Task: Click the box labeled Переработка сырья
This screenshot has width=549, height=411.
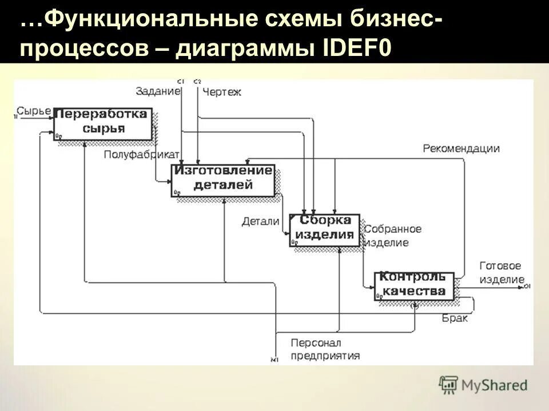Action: (104, 122)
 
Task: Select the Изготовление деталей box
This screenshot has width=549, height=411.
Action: (223, 179)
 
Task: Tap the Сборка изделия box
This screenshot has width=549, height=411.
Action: (325, 229)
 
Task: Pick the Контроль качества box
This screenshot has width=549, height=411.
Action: (413, 285)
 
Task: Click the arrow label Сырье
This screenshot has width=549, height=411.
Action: (34, 111)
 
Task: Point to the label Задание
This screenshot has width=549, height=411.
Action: (158, 90)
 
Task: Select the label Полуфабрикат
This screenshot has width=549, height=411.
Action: (142, 155)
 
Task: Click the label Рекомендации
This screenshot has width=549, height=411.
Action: (462, 148)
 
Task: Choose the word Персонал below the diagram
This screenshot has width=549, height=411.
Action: (316, 343)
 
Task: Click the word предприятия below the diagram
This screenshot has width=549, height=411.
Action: (325, 356)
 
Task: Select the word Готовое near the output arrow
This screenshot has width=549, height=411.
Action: (500, 266)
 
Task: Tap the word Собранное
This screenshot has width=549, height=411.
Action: (393, 229)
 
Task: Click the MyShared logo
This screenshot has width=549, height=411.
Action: (484, 384)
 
